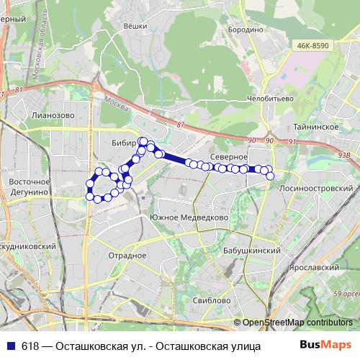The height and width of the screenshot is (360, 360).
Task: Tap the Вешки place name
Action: [x=135, y=26]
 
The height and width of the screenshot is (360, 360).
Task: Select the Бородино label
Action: [x=246, y=30]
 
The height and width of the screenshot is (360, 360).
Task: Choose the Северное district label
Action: [x=230, y=156]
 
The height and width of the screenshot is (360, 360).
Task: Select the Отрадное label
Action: [x=127, y=255]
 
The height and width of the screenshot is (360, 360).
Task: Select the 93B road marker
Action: [x=343, y=153]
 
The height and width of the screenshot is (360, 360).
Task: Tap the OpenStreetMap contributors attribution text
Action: [x=297, y=322]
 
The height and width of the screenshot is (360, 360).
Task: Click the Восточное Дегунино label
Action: [x=28, y=187]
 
